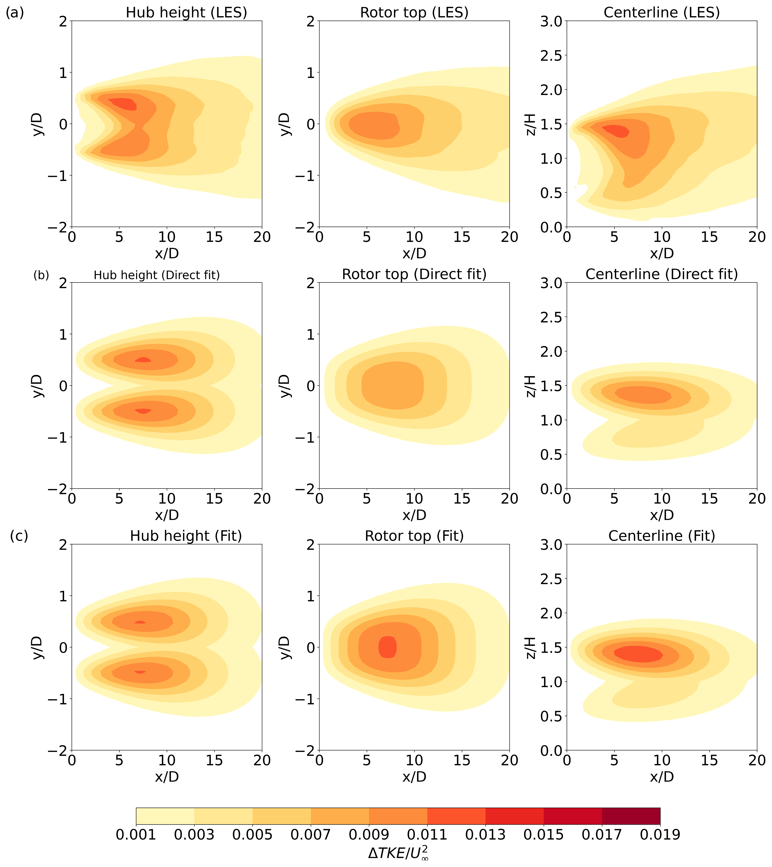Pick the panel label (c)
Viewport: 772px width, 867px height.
[19, 536]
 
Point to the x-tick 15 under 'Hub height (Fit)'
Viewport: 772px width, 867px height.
[214, 760]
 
